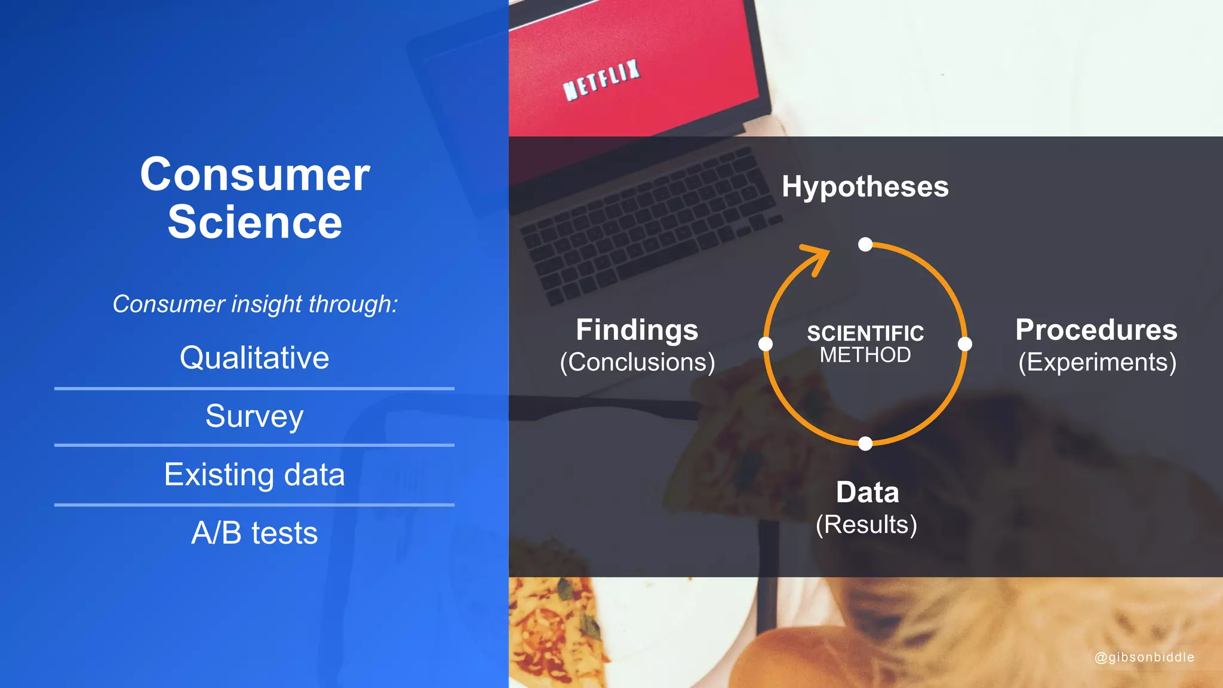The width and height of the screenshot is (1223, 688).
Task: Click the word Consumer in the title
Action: [255, 175]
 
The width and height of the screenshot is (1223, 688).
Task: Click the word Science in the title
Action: [255, 222]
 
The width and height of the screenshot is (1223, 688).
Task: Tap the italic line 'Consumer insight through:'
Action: [255, 304]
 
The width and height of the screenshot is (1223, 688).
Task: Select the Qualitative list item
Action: [254, 358]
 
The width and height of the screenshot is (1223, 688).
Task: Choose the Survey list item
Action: [254, 416]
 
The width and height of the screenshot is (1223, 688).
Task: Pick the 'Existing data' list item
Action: [254, 475]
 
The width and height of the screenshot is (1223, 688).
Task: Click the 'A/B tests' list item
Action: [254, 533]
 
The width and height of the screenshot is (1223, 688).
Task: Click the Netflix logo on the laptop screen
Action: [602, 80]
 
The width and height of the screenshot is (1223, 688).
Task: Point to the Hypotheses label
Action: [865, 186]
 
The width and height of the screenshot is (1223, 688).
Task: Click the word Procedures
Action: [1096, 330]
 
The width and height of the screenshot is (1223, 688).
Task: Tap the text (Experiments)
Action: [1097, 362]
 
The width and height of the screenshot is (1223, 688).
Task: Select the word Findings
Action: [637, 330]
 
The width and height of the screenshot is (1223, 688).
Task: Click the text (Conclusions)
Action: [637, 362]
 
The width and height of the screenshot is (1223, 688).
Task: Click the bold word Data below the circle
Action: [867, 493]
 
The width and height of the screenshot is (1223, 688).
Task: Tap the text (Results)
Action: [866, 524]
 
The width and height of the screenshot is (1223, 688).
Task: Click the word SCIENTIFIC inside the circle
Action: [865, 333]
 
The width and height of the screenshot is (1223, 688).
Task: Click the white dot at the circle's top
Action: [865, 244]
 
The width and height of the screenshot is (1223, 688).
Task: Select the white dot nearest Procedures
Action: [964, 344]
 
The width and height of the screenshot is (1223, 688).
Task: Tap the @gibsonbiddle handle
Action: [1144, 657]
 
